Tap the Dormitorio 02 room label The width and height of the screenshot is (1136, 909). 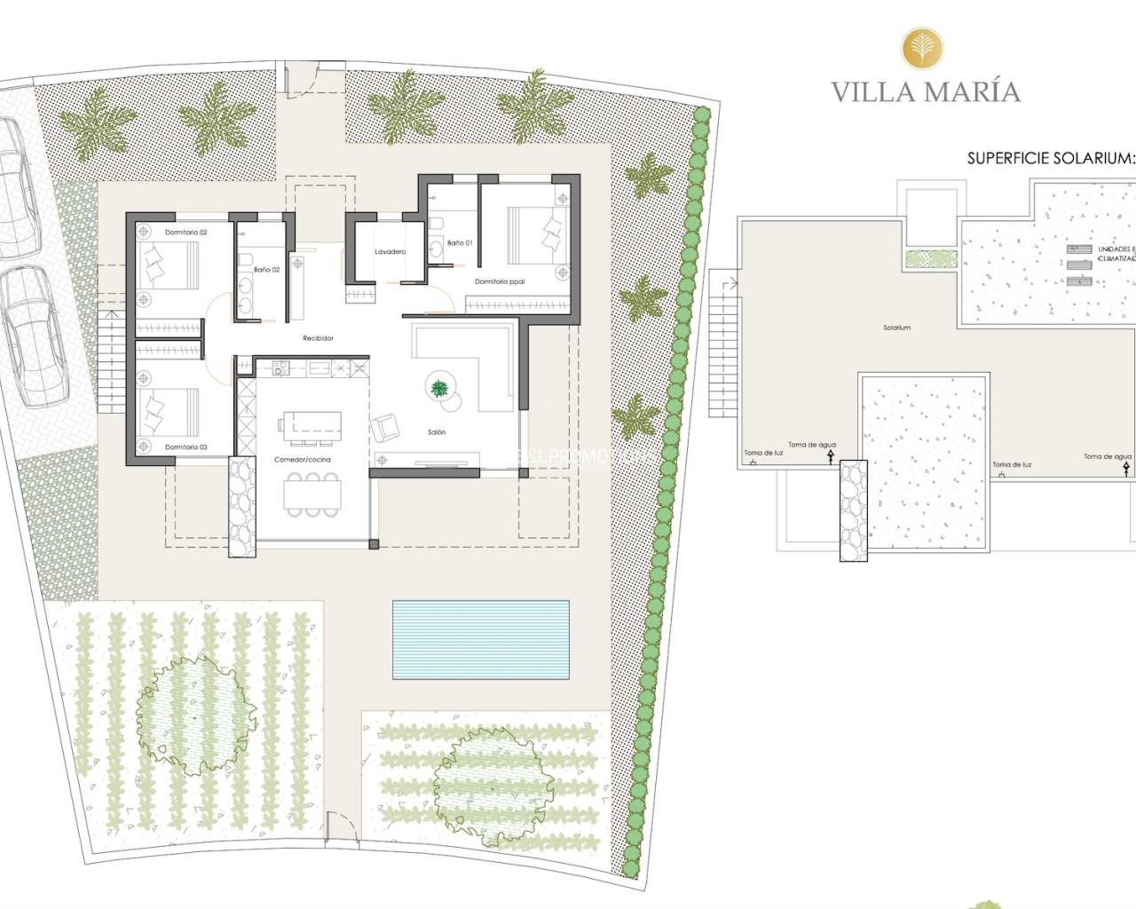(185, 233)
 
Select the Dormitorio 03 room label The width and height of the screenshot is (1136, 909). (185, 447)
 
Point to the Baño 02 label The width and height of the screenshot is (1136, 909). (266, 270)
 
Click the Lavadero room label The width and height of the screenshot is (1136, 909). (390, 252)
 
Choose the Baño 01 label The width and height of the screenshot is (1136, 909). (460, 243)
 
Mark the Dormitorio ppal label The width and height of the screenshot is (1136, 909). (500, 282)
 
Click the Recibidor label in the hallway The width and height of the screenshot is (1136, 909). (318, 338)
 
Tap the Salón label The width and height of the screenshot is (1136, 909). (437, 432)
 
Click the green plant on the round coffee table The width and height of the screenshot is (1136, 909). (439, 387)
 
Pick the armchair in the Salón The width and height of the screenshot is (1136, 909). (385, 428)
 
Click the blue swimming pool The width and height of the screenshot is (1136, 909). (481, 639)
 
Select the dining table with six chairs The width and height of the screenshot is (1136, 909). (311, 494)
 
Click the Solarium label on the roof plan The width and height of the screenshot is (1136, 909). (896, 328)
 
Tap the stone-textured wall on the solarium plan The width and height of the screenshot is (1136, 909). (852, 510)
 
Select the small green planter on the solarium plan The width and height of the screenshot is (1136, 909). (930, 259)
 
